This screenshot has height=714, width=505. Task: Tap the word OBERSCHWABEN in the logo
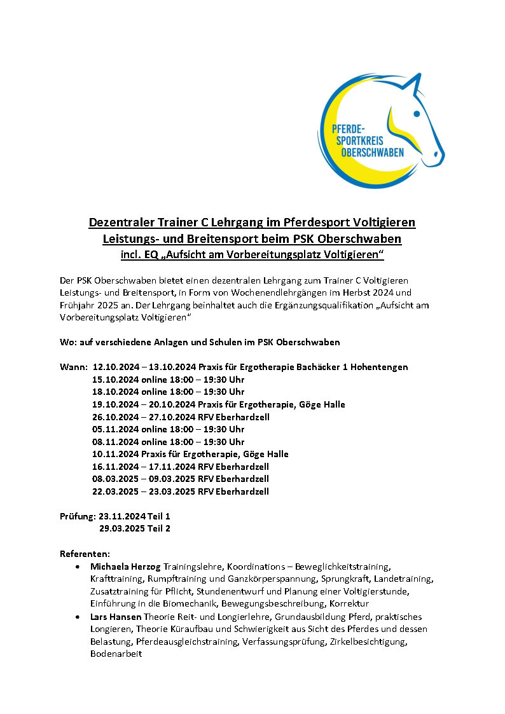pyautogui.click(x=372, y=153)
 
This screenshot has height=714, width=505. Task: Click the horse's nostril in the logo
pyautogui.click(x=436, y=153)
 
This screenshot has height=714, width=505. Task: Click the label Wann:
pyautogui.click(x=72, y=367)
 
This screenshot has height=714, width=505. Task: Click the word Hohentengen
pyautogui.click(x=380, y=367)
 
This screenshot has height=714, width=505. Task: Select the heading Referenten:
pyautogui.click(x=85, y=553)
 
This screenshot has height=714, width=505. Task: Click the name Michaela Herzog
pyautogui.click(x=125, y=566)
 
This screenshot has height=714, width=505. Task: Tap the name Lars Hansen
pyautogui.click(x=116, y=617)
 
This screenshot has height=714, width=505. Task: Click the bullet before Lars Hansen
pyautogui.click(x=77, y=617)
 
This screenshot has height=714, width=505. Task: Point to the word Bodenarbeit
pyautogui.click(x=116, y=654)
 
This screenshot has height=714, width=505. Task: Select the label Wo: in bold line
pyautogui.click(x=67, y=342)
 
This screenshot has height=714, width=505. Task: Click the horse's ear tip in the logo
pyautogui.click(x=419, y=75)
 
